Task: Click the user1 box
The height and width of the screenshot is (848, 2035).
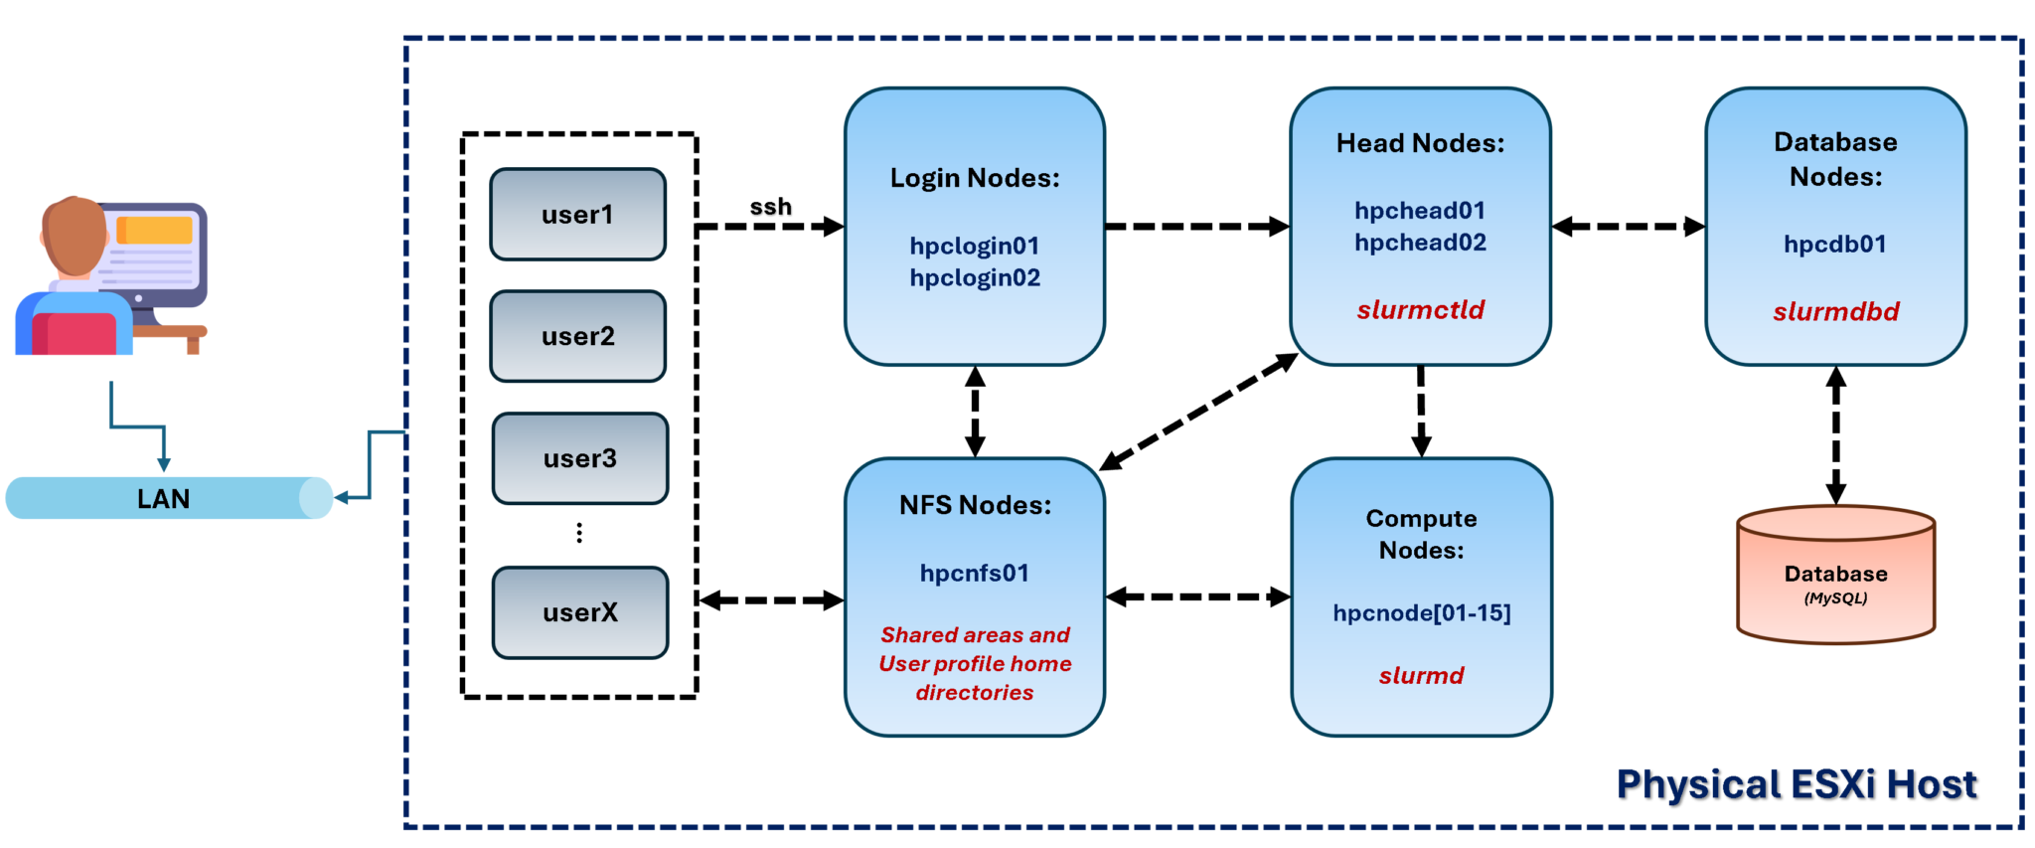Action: [x=577, y=215]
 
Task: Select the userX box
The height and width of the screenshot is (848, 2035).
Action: [x=580, y=612]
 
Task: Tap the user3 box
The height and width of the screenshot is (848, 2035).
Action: [x=580, y=458]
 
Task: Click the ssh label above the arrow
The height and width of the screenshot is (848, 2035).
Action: [x=770, y=207]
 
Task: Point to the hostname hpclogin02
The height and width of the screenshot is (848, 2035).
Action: [x=975, y=278]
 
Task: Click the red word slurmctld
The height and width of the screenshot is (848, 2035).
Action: [x=1420, y=310]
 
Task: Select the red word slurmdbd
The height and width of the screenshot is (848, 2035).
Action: [x=1835, y=312]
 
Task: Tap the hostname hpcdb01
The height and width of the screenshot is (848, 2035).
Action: [x=1834, y=245]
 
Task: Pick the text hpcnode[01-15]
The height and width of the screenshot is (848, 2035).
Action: [x=1421, y=613]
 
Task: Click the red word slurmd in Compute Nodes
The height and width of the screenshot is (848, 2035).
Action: [x=1421, y=676]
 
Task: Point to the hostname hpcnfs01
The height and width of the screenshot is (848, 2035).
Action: [x=974, y=574]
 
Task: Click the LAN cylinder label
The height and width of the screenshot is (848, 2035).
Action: [x=164, y=499]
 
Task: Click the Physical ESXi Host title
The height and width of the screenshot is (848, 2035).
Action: [x=1796, y=784]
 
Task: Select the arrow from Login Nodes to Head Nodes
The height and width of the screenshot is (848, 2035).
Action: [x=1196, y=227]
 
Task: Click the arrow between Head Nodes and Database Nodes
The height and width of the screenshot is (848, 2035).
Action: [x=1628, y=227]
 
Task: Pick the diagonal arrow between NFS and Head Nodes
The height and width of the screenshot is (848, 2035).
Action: [x=1197, y=412]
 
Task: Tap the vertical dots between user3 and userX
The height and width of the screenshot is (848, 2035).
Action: [x=579, y=533]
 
